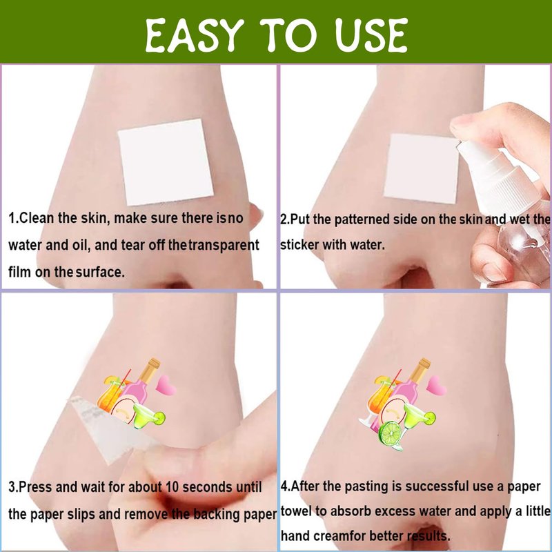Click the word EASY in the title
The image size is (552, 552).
tap(195, 35)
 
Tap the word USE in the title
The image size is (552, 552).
tap(371, 35)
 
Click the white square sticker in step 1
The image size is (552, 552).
tap(166, 162)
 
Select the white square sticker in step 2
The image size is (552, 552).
tap(421, 169)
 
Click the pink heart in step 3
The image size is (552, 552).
tap(166, 385)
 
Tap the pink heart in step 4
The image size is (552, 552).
tap(436, 385)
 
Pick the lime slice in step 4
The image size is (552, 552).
tap(390, 433)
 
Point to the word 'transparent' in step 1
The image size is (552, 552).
tap(224, 245)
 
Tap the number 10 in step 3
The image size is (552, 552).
tap(172, 487)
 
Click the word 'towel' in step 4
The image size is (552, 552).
tap(296, 511)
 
